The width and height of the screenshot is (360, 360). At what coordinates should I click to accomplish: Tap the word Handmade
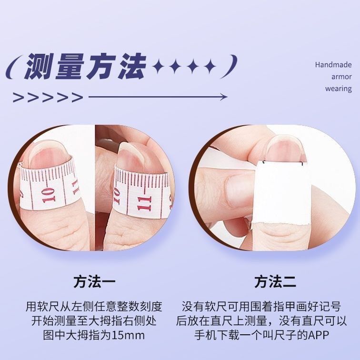[333, 64]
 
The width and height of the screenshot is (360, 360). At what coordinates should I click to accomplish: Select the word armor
[341, 76]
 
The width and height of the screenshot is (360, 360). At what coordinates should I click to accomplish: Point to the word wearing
[339, 88]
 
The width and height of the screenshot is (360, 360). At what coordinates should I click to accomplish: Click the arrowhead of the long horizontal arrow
[223, 97]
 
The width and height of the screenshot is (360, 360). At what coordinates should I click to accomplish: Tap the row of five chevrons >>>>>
[48, 97]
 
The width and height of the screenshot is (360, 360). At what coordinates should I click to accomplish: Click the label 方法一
[94, 282]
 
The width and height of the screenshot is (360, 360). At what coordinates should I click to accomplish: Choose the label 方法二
[275, 282]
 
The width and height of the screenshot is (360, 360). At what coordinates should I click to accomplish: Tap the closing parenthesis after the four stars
[232, 67]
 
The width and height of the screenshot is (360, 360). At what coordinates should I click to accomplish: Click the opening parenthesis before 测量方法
[16, 67]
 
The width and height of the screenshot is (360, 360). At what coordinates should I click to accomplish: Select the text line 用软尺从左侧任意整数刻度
[94, 306]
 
